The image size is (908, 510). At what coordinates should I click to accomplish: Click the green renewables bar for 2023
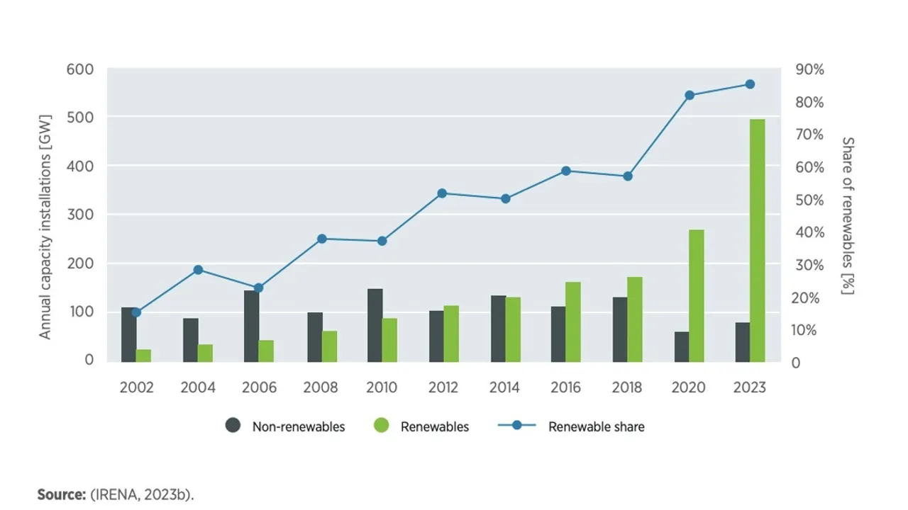click(758, 240)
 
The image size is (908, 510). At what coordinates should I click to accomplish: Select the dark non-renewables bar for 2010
click(375, 325)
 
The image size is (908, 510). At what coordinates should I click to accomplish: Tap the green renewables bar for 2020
click(697, 295)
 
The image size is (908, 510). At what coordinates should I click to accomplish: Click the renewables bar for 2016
click(573, 322)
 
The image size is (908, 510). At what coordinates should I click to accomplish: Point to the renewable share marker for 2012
click(442, 193)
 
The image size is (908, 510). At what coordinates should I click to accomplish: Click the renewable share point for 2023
click(750, 84)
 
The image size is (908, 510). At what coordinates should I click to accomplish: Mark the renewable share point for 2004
click(198, 270)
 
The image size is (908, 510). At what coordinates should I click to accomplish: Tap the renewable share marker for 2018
click(628, 176)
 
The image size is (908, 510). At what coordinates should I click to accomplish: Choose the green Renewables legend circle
click(380, 426)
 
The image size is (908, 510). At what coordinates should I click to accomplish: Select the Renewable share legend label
click(596, 426)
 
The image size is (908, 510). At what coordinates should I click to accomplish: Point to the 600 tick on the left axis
click(81, 69)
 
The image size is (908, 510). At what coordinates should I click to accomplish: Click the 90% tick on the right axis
click(809, 69)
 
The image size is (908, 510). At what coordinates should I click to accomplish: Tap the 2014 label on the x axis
click(504, 387)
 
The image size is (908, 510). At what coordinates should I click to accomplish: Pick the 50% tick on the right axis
click(809, 200)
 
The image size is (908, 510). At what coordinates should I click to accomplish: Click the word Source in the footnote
click(60, 494)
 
